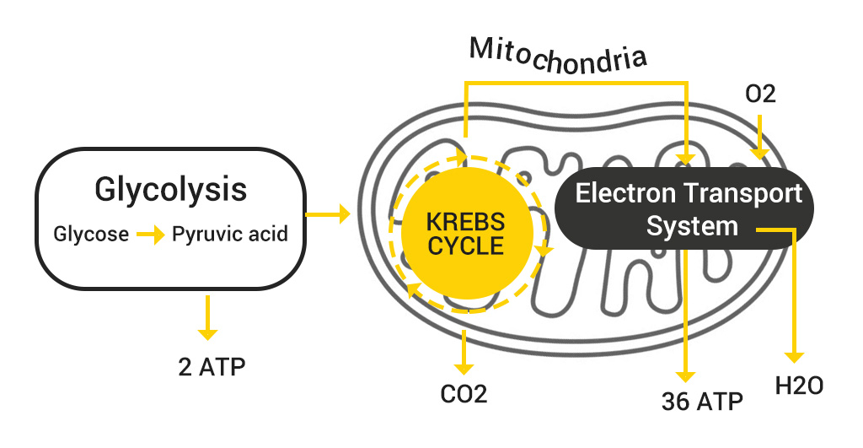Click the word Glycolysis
pos(171,189)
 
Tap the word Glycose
pos(91,234)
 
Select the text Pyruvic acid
pos(229,234)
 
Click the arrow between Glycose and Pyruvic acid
pos(150,235)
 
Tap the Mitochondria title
pos(558,55)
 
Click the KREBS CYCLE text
pos(465,234)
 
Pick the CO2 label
pos(464,394)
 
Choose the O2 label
pos(760,94)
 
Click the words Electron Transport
pos(689,194)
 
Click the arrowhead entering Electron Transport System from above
pos(688,157)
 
